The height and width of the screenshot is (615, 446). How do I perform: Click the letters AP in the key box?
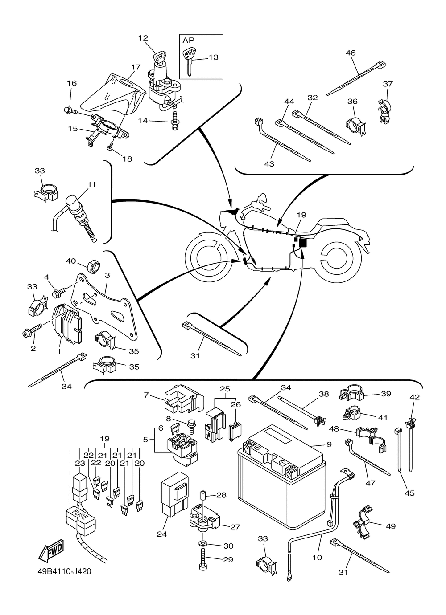click(x=189, y=40)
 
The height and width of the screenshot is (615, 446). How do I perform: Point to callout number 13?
click(x=213, y=57)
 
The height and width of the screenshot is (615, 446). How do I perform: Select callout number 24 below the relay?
click(x=161, y=534)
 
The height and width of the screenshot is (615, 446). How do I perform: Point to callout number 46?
click(x=351, y=53)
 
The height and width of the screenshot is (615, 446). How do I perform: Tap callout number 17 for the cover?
click(x=136, y=67)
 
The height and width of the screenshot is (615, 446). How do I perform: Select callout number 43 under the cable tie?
click(x=269, y=164)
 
